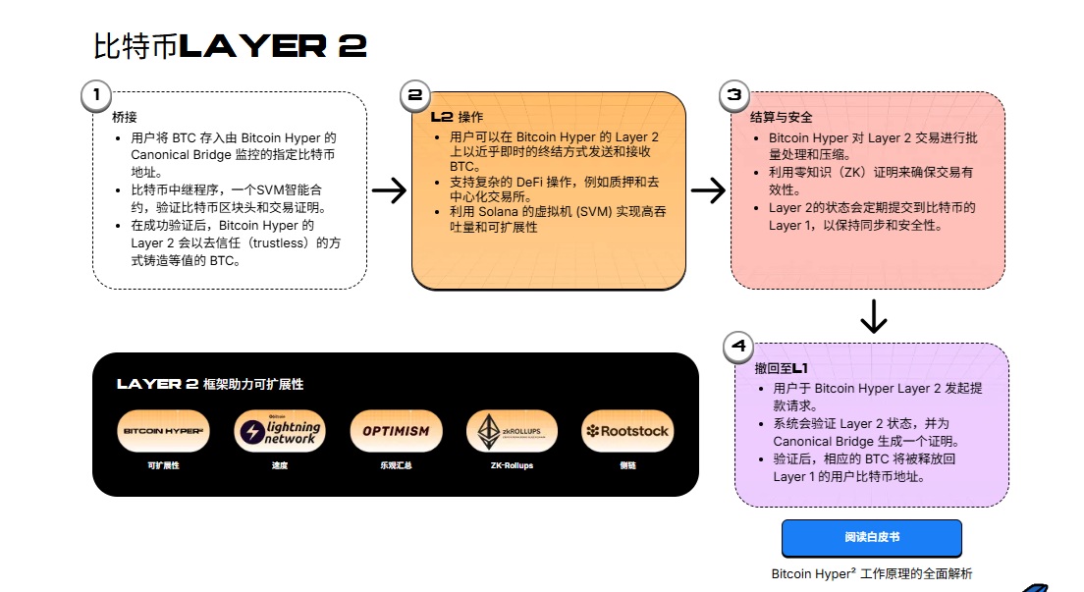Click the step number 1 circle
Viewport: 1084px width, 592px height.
[x=95, y=95]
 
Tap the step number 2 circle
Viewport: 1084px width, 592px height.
[x=414, y=95]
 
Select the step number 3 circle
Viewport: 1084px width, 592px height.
[x=733, y=95]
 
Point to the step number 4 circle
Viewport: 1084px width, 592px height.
[x=738, y=346]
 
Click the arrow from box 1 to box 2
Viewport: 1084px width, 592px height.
[x=389, y=190]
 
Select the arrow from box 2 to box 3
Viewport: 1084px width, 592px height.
[x=708, y=190]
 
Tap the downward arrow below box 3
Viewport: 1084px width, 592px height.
[x=873, y=316]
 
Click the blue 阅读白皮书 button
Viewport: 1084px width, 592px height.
[x=871, y=538]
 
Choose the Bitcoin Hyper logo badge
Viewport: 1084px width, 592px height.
[x=162, y=431]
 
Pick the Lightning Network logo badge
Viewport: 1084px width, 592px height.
[x=279, y=431]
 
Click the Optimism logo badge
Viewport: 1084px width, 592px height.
[x=396, y=431]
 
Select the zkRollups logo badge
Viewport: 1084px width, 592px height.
[x=511, y=431]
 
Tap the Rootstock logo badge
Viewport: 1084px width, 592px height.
[x=626, y=431]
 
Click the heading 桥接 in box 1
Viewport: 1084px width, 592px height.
[x=125, y=117]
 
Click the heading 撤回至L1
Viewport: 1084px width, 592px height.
[x=782, y=368]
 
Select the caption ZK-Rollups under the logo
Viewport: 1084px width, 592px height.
[x=511, y=465]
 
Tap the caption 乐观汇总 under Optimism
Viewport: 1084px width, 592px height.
[x=396, y=465]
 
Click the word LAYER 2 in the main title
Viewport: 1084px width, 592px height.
[x=274, y=46]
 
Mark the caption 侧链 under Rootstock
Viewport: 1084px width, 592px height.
[x=626, y=465]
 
